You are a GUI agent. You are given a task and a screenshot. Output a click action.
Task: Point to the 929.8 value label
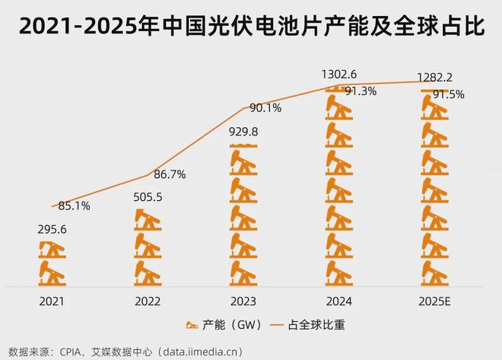pyautogui.click(x=244, y=131)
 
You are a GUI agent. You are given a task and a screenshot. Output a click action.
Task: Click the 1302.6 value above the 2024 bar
pyautogui.click(x=340, y=74)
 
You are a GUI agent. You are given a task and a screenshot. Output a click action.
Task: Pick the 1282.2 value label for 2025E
pyautogui.click(x=435, y=78)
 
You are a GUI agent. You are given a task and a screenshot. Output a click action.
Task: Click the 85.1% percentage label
pyautogui.click(x=75, y=205)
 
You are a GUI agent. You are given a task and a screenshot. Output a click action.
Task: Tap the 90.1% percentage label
pyautogui.click(x=265, y=108)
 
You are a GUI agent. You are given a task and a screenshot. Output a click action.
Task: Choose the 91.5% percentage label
pyautogui.click(x=448, y=94)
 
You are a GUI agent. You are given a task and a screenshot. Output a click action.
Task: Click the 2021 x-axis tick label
pyautogui.click(x=52, y=302)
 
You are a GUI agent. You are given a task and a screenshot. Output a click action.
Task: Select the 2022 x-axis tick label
pyautogui.click(x=148, y=302)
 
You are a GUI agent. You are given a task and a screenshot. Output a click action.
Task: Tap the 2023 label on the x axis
pyautogui.click(x=244, y=302)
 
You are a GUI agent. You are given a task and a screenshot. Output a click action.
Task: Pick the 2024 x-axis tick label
pyautogui.click(x=340, y=302)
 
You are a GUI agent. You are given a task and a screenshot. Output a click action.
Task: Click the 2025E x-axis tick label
pyautogui.click(x=435, y=302)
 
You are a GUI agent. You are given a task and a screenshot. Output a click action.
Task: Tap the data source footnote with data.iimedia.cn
pyautogui.click(x=137, y=350)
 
